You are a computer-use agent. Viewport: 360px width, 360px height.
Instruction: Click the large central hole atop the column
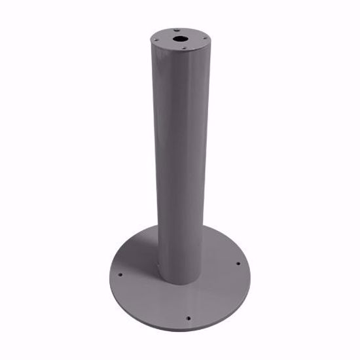click(179, 39)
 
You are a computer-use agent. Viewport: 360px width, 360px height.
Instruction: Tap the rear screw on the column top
click(177, 29)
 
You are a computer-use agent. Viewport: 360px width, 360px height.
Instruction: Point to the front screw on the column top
click(184, 48)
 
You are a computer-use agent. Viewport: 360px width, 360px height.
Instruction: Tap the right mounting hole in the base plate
click(238, 264)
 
